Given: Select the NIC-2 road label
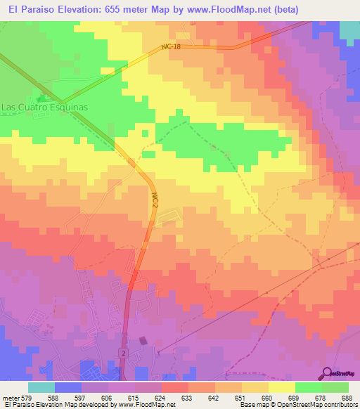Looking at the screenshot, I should tap(154, 201).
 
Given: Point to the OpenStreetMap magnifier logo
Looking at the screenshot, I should tap(328, 373).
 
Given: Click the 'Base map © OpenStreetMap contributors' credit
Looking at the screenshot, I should tap(298, 405).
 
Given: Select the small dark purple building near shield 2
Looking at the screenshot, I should tap(143, 341).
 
